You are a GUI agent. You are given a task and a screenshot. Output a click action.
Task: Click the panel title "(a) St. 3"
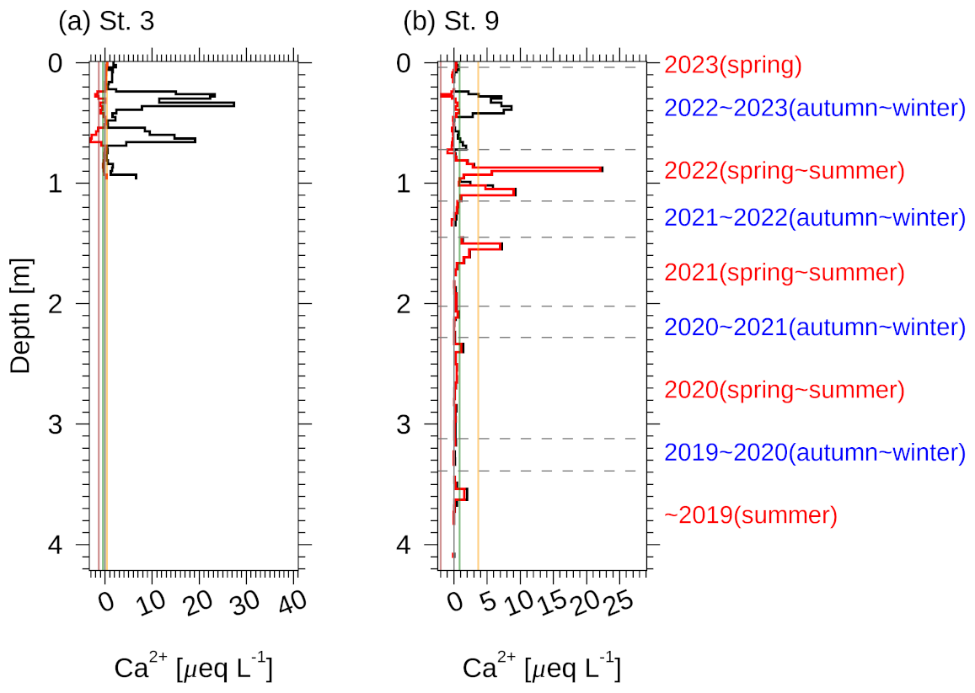pyautogui.click(x=106, y=22)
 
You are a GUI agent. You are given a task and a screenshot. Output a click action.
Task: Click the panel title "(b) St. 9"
pyautogui.click(x=452, y=22)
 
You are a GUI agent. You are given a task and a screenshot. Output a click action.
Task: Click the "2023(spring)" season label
pyautogui.click(x=732, y=65)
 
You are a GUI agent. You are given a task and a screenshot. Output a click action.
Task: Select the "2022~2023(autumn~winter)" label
pyautogui.click(x=814, y=108)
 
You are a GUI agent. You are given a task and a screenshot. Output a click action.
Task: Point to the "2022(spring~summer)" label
pyautogui.click(x=784, y=171)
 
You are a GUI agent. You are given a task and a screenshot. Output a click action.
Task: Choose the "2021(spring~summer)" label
pyautogui.click(x=784, y=272)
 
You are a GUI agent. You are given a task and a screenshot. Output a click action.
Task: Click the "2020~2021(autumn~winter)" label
pyautogui.click(x=814, y=327)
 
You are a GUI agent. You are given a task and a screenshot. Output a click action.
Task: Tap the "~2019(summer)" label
pyautogui.click(x=751, y=514)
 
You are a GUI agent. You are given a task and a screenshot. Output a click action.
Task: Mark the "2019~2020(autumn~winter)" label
pyautogui.click(x=814, y=452)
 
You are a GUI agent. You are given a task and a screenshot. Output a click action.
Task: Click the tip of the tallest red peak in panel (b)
pyautogui.click(x=602, y=169)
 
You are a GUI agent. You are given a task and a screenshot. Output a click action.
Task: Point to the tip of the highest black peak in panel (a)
pyautogui.click(x=233, y=104)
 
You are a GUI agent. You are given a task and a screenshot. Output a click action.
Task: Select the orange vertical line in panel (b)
pyautogui.click(x=479, y=337)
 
